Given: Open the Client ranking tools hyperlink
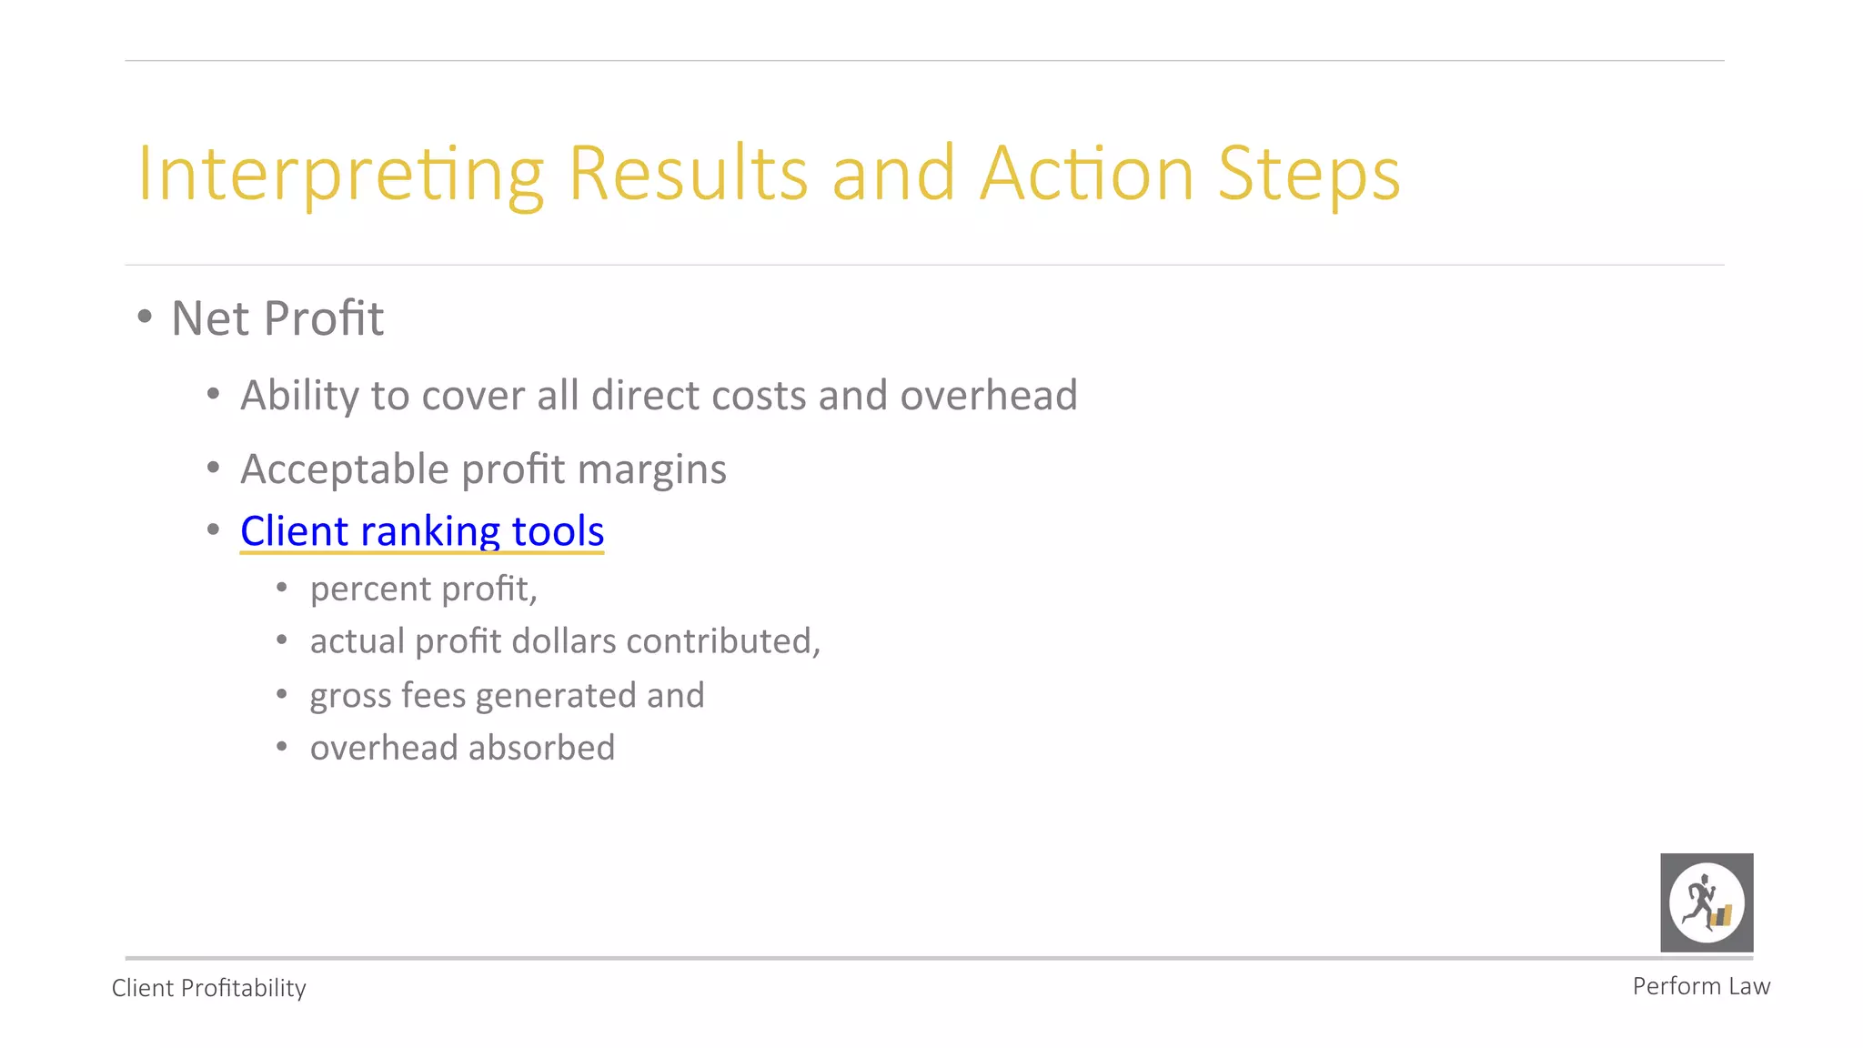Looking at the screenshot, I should (x=422, y=531).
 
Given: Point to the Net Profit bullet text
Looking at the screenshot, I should (x=277, y=318).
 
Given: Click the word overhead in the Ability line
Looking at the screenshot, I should (x=989, y=396).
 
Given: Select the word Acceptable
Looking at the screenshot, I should (x=345, y=469).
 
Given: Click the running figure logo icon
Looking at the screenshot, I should (x=1707, y=902).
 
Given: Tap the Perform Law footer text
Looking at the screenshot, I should (x=1701, y=986).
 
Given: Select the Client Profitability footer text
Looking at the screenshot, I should (x=208, y=988).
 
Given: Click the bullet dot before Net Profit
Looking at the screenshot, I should (x=145, y=317).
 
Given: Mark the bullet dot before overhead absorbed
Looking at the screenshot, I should (x=282, y=747).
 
